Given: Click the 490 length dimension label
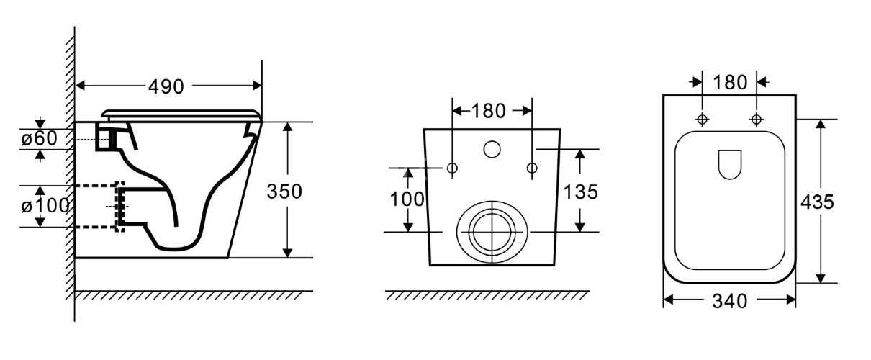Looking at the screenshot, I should coord(166,86).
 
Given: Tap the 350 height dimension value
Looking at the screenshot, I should coord(284,192).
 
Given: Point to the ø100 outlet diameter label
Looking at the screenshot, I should coord(45,206).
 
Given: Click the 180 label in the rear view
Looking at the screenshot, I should coord(489,111).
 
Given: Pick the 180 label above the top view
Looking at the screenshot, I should coord(730,82).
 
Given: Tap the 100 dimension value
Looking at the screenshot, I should coord(407,199).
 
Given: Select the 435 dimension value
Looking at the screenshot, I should coord(817,202).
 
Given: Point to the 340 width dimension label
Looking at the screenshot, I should coord(728,301).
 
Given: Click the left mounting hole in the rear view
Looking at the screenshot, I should coord(452,168).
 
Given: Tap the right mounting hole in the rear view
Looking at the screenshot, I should coord(532,168).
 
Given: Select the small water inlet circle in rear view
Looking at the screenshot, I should coord(492,149).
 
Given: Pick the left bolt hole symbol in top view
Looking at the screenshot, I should coord(703,119).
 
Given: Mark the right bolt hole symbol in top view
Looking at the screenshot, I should coord(757,119).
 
